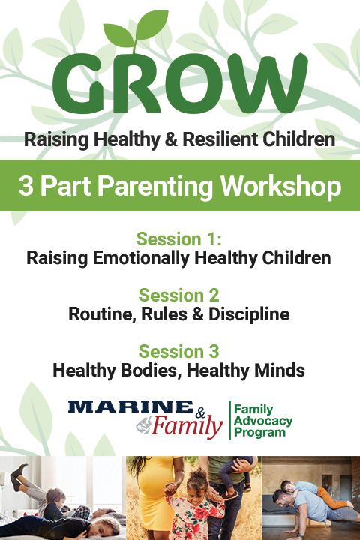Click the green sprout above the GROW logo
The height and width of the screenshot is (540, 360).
click(135, 31)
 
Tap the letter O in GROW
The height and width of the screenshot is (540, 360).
click(196, 83)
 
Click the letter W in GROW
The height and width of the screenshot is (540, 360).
click(267, 83)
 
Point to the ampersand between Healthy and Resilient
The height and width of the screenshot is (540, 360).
click(171, 139)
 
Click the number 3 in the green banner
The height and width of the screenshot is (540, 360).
click(25, 186)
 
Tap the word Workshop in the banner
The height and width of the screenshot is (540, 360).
click(281, 187)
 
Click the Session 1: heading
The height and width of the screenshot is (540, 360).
click(178, 239)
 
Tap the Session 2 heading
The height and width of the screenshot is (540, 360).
click(178, 295)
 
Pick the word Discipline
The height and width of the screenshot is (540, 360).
click(249, 314)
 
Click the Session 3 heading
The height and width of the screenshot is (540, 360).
click(178, 351)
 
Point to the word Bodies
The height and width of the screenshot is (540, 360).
click(151, 370)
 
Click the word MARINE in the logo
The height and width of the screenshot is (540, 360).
click(130, 406)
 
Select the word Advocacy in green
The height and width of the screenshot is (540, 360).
click(263, 421)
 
